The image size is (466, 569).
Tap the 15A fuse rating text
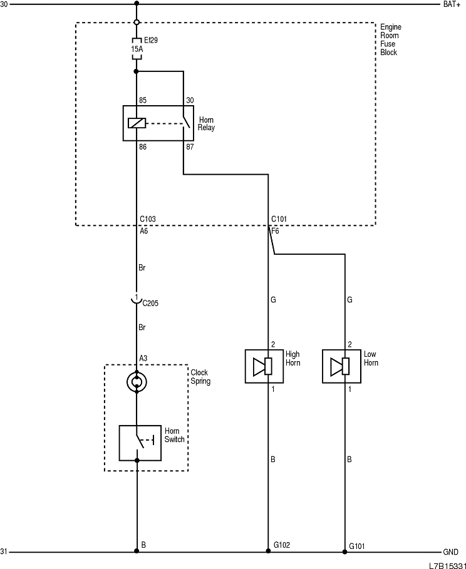click(137, 48)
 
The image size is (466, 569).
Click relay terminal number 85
click(143, 100)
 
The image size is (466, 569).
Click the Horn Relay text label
click(206, 123)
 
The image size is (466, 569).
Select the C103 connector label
click(147, 220)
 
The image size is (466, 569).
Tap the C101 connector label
click(279, 220)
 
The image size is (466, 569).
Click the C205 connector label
click(150, 304)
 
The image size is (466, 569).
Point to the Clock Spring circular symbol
click(137, 381)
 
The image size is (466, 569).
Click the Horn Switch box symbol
click(137, 443)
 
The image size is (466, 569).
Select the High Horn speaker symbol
click(262, 366)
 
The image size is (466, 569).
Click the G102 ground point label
click(281, 545)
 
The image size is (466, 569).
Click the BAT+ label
click(452, 4)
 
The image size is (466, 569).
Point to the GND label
click(450, 553)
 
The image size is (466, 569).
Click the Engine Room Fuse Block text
click(390, 39)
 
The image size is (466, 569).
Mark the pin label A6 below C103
click(143, 230)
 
